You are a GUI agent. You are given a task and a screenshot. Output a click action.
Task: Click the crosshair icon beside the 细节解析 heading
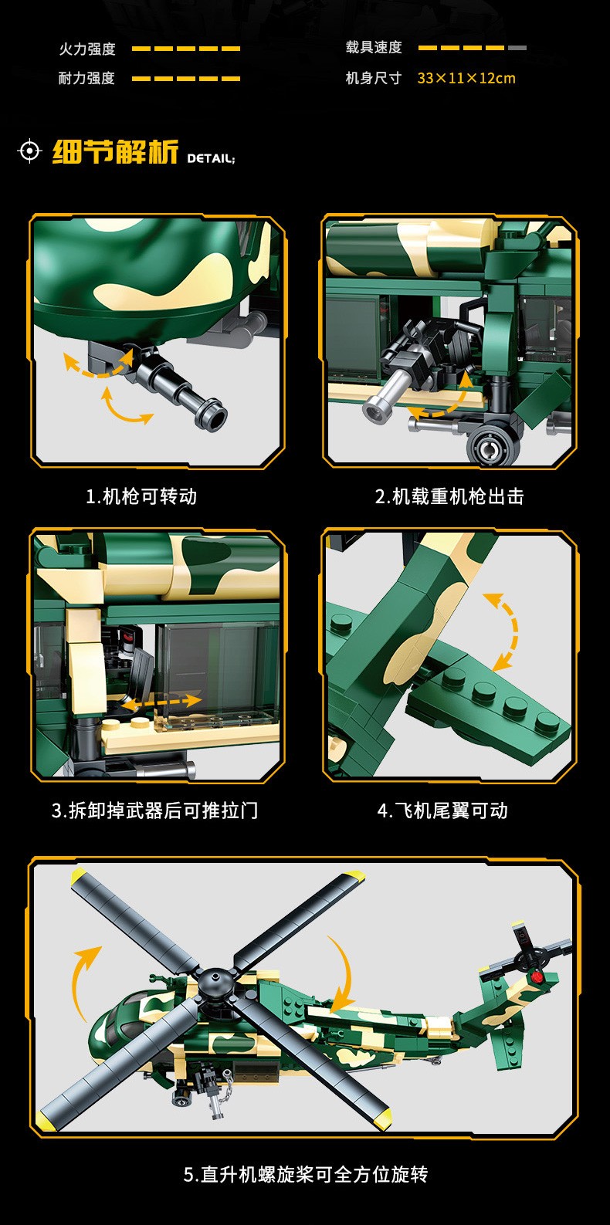[x=29, y=151]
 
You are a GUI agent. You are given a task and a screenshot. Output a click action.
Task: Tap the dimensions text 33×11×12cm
[x=466, y=78]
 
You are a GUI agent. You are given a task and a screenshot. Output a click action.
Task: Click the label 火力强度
[x=87, y=49]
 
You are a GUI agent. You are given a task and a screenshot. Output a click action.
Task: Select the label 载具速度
[x=374, y=48]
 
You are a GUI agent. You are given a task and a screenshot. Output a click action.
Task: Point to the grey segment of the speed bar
[x=517, y=48]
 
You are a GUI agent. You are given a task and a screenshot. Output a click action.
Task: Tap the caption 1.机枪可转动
[x=141, y=496]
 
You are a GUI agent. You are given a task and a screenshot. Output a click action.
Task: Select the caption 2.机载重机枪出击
[x=449, y=496]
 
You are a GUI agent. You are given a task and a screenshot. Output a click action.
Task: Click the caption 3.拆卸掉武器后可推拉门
[x=155, y=810]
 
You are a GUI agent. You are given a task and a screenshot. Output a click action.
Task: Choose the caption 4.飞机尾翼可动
[x=442, y=810]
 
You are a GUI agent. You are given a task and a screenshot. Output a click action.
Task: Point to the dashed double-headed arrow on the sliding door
[x=161, y=701]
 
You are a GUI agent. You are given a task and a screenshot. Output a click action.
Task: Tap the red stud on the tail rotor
[x=537, y=976]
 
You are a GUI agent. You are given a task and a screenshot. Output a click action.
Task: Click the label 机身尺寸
[x=374, y=78]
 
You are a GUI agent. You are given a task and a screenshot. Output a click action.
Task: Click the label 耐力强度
[x=87, y=78]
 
